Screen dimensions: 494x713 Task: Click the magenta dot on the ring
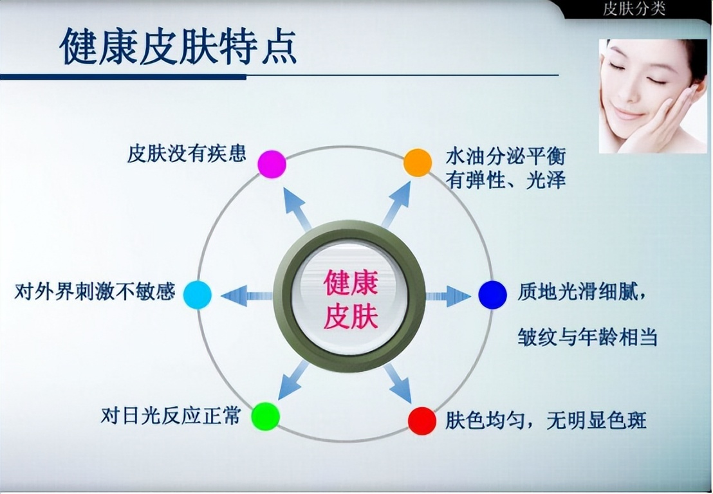[272, 164]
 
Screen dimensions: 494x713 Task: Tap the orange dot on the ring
[418, 163]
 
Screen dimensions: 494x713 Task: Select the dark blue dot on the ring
[492, 295]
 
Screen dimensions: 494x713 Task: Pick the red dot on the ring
[422, 421]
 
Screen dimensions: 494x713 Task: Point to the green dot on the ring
[265, 416]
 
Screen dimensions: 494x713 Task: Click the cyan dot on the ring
[197, 295]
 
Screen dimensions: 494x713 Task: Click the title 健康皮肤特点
[178, 47]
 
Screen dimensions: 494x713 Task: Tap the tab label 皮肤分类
[634, 8]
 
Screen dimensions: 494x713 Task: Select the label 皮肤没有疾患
[187, 154]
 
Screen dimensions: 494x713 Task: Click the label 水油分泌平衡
[506, 157]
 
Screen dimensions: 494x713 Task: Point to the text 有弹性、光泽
[506, 180]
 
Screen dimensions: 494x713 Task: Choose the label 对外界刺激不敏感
[95, 292]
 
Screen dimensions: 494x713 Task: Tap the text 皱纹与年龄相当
[587, 337]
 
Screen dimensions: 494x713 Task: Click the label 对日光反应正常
[171, 416]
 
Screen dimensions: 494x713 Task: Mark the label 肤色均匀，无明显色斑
[546, 421]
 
